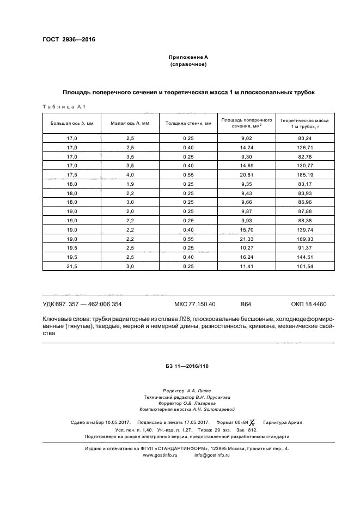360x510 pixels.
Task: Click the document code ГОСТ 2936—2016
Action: (x=69, y=40)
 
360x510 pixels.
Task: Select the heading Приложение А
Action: (x=188, y=57)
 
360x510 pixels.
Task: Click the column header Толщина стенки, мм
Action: (x=188, y=123)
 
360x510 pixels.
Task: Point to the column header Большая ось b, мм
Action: (x=72, y=123)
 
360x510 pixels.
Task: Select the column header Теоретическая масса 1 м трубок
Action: (x=304, y=123)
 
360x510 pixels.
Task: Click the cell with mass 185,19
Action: (x=304, y=175)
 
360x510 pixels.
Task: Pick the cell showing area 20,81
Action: (x=246, y=175)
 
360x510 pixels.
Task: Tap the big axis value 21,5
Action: (x=72, y=266)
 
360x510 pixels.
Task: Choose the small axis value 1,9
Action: (x=130, y=184)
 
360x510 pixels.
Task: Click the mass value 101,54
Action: (x=304, y=266)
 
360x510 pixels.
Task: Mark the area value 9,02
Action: (x=246, y=138)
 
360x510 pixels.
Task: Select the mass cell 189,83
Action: (x=304, y=239)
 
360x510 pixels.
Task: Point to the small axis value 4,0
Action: (x=130, y=175)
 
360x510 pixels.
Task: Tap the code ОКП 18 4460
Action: (x=308, y=304)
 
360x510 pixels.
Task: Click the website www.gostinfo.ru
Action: (x=161, y=455)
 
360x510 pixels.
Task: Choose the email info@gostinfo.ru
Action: (x=212, y=455)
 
